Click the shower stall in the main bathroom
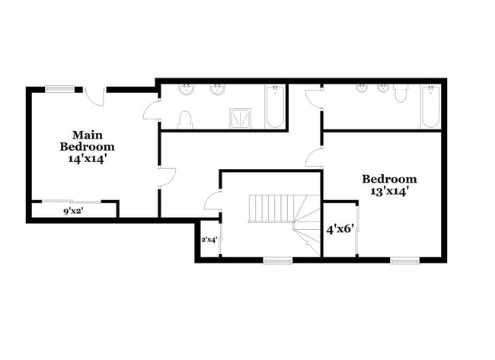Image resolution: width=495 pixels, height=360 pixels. coord(241,118)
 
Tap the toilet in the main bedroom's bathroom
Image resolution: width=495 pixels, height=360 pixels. coord(185,120)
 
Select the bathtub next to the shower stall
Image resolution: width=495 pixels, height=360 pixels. coord(275,107)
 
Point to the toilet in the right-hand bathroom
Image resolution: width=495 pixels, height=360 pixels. coord(401,93)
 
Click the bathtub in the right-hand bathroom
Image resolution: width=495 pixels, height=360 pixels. coord(430,107)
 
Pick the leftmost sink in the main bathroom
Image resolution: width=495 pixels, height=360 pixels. coord(186,90)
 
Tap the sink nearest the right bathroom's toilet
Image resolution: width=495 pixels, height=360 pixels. coord(383,88)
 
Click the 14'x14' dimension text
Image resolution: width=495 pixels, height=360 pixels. coord(86,159)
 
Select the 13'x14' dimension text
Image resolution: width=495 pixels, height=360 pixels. coord(390,191)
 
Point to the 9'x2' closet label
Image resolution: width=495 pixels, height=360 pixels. coord(73,212)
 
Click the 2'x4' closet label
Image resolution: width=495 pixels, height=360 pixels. coord(209,240)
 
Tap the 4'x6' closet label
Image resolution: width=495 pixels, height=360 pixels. coord(340,229)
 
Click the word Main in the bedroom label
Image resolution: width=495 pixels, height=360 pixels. coord(88,135)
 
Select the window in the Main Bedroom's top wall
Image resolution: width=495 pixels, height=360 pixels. coord(60,89)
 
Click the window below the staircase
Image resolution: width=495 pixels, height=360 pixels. coord(278,260)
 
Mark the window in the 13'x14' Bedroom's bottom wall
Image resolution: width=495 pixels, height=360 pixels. coord(404,260)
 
